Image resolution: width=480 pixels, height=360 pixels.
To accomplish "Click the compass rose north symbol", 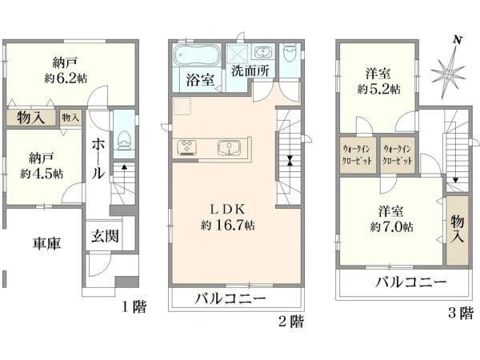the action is click(448, 74).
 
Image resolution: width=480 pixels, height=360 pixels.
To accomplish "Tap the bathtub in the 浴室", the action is click(197, 54).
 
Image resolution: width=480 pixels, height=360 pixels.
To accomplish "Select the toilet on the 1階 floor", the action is click(124, 141).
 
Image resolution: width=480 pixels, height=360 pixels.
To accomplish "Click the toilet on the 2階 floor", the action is click(290, 54).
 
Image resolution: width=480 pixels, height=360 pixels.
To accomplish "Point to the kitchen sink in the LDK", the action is click(229, 148).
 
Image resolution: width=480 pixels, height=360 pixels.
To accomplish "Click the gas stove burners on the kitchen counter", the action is click(186, 146).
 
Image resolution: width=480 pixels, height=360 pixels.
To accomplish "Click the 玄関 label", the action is click(104, 236).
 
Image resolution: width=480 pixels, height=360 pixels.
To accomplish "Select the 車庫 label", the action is click(47, 243).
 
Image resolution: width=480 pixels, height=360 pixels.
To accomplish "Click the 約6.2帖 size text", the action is click(66, 78).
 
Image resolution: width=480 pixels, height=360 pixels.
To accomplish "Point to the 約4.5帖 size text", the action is click(42, 174).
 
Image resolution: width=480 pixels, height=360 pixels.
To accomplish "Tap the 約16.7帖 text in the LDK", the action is click(228, 226).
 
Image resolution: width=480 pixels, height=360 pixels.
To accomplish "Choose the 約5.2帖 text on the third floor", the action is click(378, 90).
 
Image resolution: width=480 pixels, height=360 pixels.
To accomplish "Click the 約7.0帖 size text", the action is click(391, 227).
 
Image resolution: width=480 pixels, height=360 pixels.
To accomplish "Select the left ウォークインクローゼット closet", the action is click(358, 155).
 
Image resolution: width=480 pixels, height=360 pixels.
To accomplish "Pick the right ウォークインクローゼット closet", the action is click(398, 155).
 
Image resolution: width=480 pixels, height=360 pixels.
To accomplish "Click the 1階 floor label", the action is click(134, 306).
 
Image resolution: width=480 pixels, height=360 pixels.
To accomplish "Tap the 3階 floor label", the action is click(461, 313).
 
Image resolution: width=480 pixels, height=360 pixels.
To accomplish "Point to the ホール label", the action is click(98, 158).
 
